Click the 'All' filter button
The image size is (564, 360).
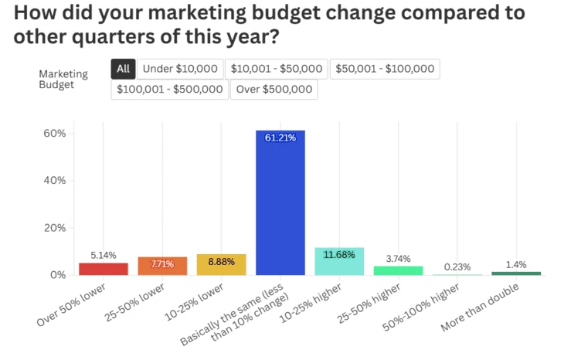click(123, 69)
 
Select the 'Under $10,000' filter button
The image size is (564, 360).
click(180, 69)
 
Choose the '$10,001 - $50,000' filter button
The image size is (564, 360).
click(277, 69)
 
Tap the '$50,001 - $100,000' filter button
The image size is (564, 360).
click(384, 69)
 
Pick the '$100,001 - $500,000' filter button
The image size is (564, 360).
click(169, 90)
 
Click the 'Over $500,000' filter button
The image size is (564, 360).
click(274, 90)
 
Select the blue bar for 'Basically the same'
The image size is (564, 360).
click(280, 205)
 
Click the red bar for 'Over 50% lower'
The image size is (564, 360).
click(104, 269)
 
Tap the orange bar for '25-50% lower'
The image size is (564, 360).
click(162, 267)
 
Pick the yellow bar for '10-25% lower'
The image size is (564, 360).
click(221, 265)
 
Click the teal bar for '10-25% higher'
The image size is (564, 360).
click(339, 262)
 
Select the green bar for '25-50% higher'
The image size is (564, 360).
click(398, 270)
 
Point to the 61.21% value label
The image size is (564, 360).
click(280, 138)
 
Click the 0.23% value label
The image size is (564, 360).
click(457, 267)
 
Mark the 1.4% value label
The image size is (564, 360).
click(516, 264)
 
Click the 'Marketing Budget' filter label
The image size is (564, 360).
click(63, 79)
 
